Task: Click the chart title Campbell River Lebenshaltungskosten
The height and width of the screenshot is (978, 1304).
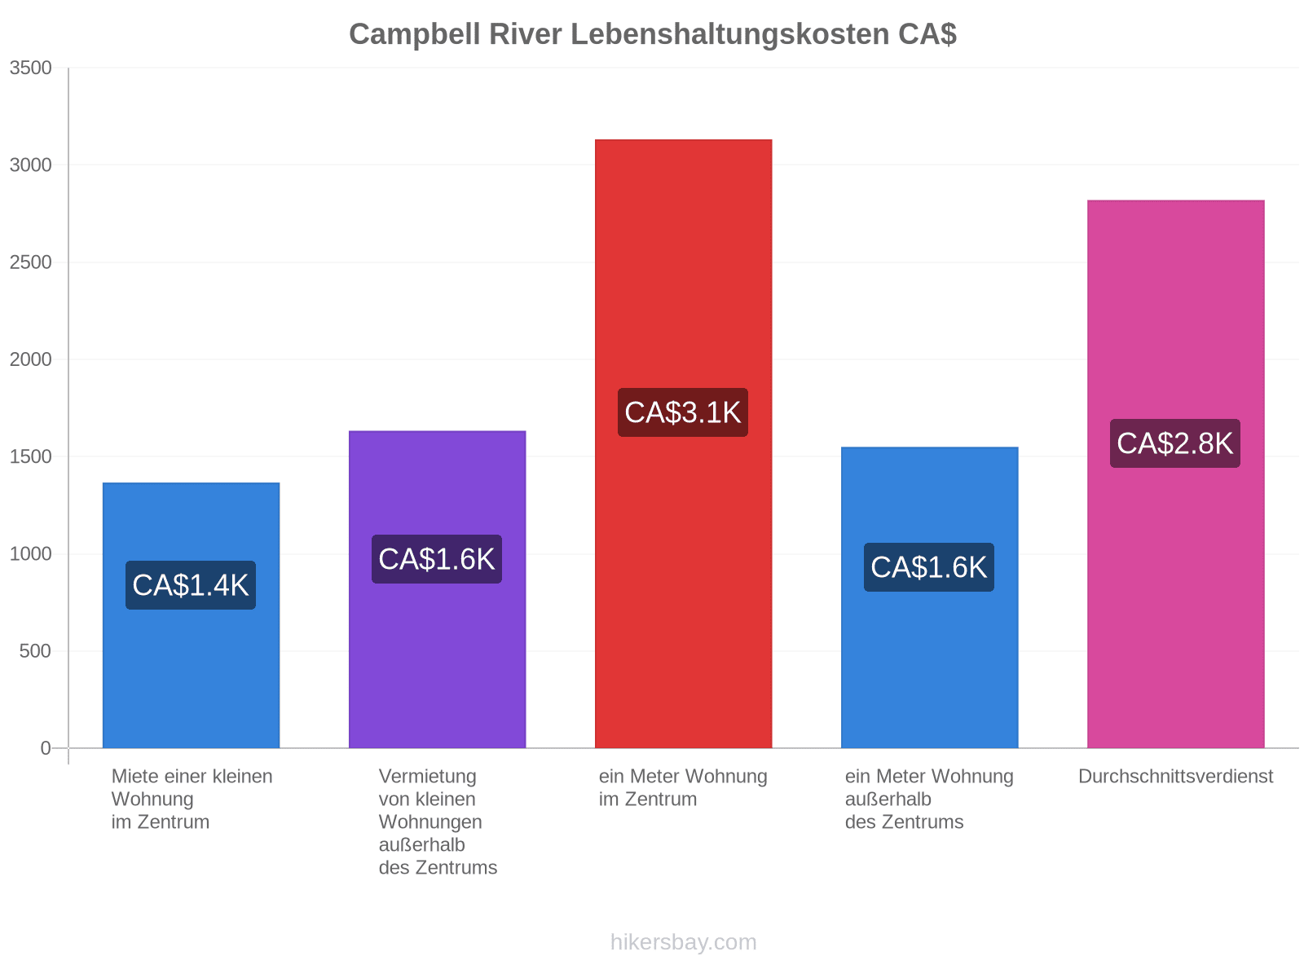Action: click(x=652, y=34)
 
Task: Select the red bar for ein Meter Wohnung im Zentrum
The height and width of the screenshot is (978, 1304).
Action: click(x=683, y=443)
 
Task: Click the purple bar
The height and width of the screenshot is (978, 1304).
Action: click(x=437, y=588)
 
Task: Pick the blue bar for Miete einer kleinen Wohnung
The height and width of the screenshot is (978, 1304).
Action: click(x=191, y=615)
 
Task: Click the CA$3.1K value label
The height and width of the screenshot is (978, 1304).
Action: click(x=682, y=412)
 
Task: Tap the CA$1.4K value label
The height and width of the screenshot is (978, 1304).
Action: click(x=190, y=584)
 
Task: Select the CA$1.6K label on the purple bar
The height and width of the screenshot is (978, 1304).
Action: click(x=436, y=559)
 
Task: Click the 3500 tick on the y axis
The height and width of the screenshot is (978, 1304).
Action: click(x=30, y=68)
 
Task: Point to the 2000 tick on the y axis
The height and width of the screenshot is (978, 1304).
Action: click(x=30, y=359)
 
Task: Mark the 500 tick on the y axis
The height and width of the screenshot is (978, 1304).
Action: click(x=35, y=650)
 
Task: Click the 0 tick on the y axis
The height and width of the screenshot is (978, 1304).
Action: click(x=46, y=747)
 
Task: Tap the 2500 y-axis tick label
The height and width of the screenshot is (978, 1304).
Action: click(x=30, y=262)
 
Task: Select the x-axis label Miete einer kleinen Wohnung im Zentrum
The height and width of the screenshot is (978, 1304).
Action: click(x=192, y=798)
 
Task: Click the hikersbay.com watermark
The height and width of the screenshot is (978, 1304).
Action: click(x=683, y=941)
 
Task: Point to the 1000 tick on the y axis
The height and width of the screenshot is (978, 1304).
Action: click(x=30, y=553)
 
